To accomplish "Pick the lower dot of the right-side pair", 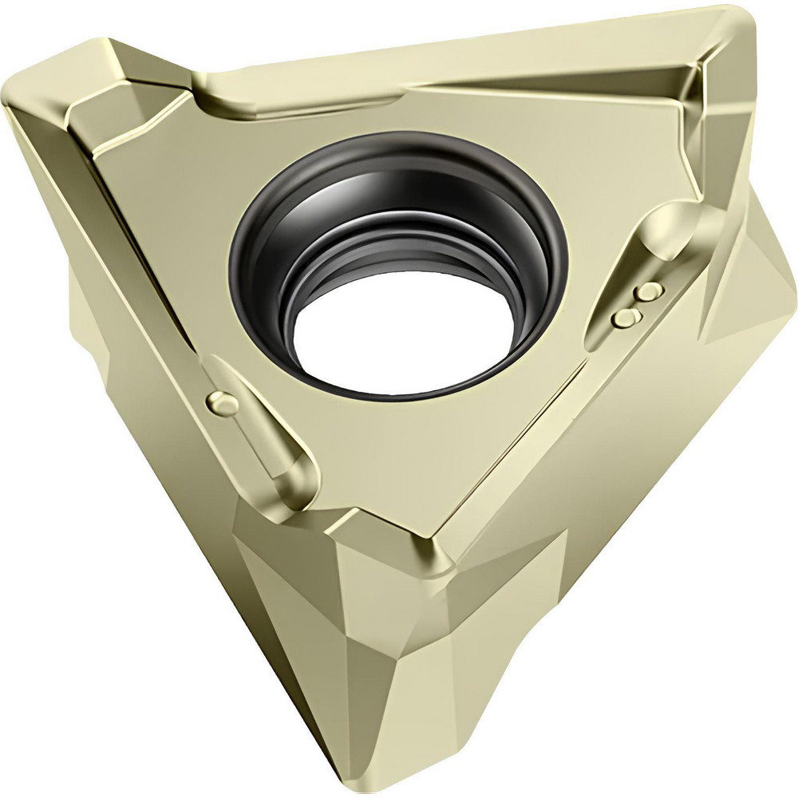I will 626,318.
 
